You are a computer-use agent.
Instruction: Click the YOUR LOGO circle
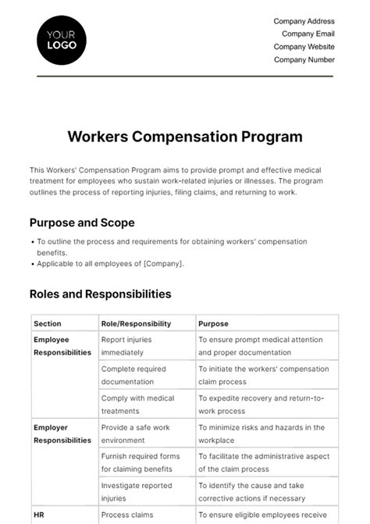pos(62,39)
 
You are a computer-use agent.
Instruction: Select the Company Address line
pos(304,21)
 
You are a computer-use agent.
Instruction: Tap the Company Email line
pos(308,34)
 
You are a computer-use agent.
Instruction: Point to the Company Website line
pos(304,47)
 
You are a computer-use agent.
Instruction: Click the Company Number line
pos(305,59)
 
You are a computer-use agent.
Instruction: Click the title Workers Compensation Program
pos(185,137)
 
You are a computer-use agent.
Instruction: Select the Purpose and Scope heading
pos(82,223)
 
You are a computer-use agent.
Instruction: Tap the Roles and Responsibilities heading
pos(101,294)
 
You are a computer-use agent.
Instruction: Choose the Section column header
pos(48,323)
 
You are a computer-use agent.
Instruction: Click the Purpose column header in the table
pos(214,323)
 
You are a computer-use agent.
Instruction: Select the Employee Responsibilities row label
pos(62,346)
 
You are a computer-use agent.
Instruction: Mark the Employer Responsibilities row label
pos(62,433)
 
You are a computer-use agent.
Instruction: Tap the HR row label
pos(39,515)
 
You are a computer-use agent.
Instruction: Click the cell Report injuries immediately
pos(127,346)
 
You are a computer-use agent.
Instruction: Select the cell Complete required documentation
pos(133,376)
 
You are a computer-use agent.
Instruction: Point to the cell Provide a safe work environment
pos(136,433)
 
